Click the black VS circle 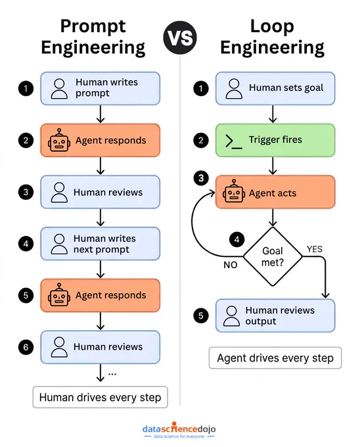point(180,37)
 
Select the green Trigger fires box point(275,140)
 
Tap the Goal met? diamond point(273,256)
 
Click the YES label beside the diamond point(315,249)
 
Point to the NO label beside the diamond point(231,265)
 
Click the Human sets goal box point(275,88)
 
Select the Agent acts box point(275,192)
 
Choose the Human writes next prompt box point(101,244)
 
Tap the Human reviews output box point(275,316)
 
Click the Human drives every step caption point(101,397)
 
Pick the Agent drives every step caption point(275,358)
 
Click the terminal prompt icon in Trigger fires point(234,141)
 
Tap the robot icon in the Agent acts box point(234,191)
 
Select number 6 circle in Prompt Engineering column point(26,347)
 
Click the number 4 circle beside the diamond point(236,239)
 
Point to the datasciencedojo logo point(179,430)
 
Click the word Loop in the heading point(272,27)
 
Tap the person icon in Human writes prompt point(59,89)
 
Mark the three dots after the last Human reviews point(112,374)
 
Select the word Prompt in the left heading point(93,27)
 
